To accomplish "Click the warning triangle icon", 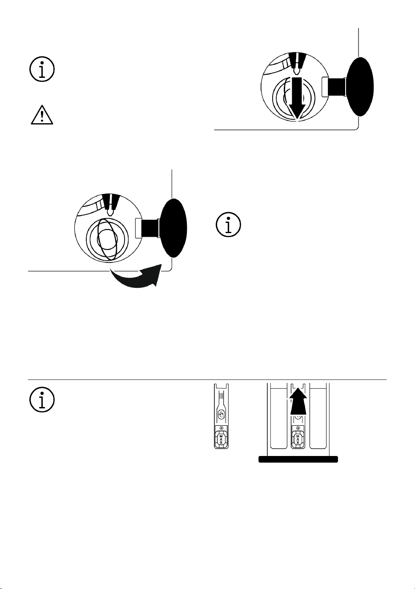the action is [x=42, y=115].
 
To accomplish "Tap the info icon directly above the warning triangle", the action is [x=42, y=69].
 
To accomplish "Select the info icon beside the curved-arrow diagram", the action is [x=229, y=225].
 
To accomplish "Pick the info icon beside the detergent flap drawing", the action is [x=42, y=399].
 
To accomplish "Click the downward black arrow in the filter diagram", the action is [x=297, y=99].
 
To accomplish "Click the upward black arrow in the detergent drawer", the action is [x=298, y=401].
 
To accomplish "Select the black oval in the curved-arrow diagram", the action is [x=173, y=228].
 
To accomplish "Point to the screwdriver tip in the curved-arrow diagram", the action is [x=110, y=212].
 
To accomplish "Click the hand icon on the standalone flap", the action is [x=221, y=415].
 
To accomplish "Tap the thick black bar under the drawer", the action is [x=298, y=460].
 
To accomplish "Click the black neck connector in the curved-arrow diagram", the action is [x=149, y=228].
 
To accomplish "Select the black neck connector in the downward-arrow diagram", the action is [x=336, y=87].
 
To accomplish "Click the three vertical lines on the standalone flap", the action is [x=221, y=396].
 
